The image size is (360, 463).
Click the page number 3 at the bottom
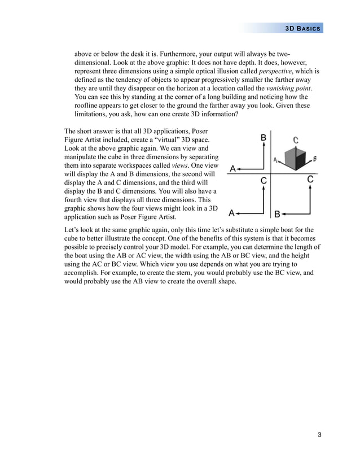[x=319, y=435]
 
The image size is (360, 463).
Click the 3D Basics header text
[x=303, y=28]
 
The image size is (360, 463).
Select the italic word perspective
[x=277, y=72]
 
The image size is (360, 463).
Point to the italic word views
[x=180, y=165]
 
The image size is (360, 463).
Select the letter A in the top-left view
[x=232, y=168]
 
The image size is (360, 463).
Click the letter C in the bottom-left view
[x=264, y=181]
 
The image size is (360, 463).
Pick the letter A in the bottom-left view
[x=231, y=213]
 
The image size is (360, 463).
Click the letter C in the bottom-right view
[x=310, y=180]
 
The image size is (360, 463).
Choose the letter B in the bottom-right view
[x=276, y=214]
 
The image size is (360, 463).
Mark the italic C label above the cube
[x=296, y=139]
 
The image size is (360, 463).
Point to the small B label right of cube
[x=314, y=159]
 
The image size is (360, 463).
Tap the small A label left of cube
[x=275, y=160]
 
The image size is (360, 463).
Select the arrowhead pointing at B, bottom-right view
[x=284, y=213]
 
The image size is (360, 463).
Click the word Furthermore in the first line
[x=163, y=55]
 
